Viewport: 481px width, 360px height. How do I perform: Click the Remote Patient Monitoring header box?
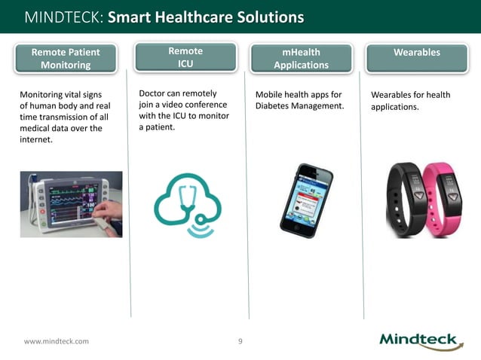[66, 58]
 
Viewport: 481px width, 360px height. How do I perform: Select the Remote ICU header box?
[185, 57]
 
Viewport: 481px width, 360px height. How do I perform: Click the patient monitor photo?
[69, 203]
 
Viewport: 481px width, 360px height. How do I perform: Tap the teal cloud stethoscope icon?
[186, 205]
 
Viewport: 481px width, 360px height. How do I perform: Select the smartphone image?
[307, 200]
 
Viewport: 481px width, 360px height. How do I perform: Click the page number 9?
[240, 341]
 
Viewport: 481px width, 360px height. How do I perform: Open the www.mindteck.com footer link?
[56, 341]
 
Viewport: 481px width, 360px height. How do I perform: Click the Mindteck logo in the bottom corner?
[421, 340]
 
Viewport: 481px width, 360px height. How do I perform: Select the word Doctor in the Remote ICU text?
[153, 93]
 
